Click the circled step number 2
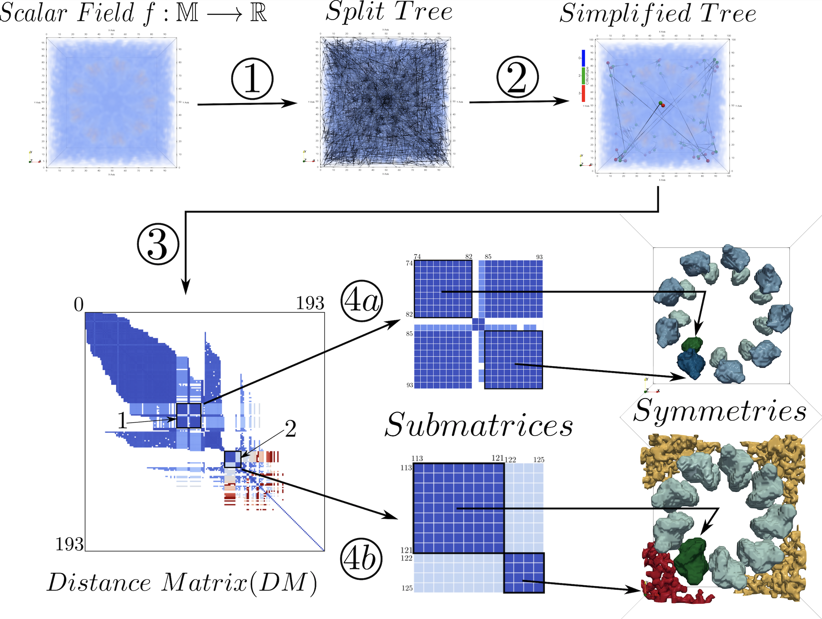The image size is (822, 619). [x=517, y=77]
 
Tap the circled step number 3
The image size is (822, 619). [x=158, y=244]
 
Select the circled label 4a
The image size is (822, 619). [x=362, y=301]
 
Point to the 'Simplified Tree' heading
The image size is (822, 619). [x=658, y=14]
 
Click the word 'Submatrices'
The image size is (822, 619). [x=479, y=425]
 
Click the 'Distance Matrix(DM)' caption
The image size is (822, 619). [x=182, y=582]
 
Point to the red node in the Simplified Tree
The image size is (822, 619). [x=663, y=105]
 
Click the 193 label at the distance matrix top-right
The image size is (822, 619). [x=310, y=303]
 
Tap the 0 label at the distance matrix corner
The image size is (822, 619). [x=78, y=305]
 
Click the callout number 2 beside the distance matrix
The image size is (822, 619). [x=290, y=429]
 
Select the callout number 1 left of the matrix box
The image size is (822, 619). [x=122, y=421]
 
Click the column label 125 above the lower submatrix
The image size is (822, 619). [x=539, y=460]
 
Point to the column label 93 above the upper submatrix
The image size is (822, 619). [x=539, y=257]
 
